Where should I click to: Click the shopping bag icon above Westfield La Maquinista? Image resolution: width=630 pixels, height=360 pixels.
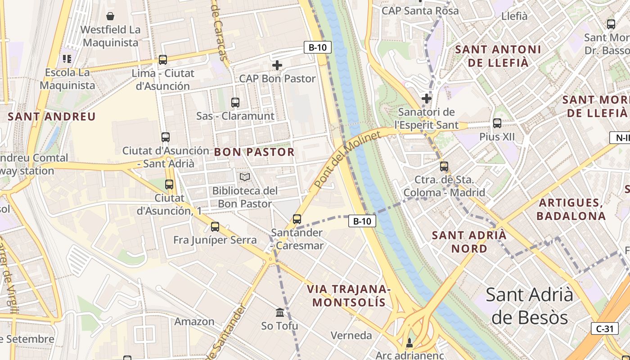coord(110,17)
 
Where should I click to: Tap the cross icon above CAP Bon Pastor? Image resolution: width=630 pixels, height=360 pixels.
coord(277,66)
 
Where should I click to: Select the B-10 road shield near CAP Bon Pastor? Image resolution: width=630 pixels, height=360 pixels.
coord(318,47)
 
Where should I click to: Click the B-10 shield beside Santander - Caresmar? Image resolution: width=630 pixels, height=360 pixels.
coord(362,221)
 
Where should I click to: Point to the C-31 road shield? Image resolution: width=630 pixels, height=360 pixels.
coord(605,328)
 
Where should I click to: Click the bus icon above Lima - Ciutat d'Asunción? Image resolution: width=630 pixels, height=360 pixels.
coord(163,59)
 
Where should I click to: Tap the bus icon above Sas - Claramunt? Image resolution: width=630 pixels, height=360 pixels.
coord(235,102)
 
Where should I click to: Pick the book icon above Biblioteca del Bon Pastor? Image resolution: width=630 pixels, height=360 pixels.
coord(245,177)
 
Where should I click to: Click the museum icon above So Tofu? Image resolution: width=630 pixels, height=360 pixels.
coord(280,312)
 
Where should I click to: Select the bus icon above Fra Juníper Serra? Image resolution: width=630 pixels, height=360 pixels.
coord(215,226)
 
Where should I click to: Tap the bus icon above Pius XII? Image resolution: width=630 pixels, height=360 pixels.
coord(497,123)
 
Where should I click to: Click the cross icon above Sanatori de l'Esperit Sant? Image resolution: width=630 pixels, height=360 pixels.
coord(426,99)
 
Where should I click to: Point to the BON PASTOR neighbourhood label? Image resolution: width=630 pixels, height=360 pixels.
coord(254,152)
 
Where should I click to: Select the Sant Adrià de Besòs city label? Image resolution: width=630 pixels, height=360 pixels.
coord(530,306)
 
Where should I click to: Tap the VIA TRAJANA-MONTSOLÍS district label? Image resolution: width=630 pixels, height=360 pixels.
coord(349,295)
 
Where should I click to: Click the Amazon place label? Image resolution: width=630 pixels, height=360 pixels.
coord(194,321)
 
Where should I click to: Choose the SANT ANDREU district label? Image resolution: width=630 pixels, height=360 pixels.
coord(52,117)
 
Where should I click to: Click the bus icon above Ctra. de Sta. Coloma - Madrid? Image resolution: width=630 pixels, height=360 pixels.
coord(444,166)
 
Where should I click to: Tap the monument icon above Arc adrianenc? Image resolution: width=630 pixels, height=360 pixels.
coord(409,343)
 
